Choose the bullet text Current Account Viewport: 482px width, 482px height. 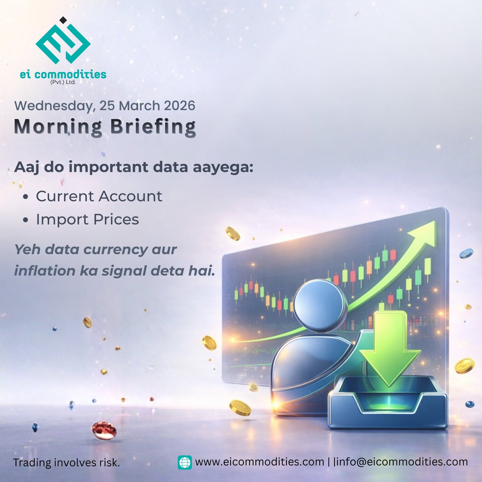click(x=99, y=196)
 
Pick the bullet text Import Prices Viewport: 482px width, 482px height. click(x=87, y=220)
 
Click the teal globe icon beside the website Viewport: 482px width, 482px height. click(x=185, y=462)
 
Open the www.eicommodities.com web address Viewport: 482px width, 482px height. click(x=259, y=462)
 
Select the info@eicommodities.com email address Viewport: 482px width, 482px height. click(x=400, y=462)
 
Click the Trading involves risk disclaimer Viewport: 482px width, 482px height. click(x=67, y=463)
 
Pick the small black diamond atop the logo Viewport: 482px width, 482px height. click(x=62, y=19)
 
